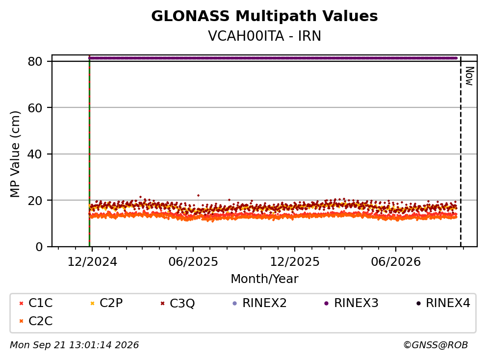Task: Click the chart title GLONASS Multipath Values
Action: click(x=264, y=16)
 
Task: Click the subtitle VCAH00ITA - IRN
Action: click(x=264, y=36)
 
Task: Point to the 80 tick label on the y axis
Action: click(x=35, y=61)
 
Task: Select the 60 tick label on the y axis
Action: click(x=35, y=108)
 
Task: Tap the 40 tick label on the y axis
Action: click(x=35, y=154)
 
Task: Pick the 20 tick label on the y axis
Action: click(x=35, y=201)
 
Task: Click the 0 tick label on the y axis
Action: click(x=39, y=247)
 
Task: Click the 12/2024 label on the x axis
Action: click(x=92, y=262)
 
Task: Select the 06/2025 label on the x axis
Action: click(x=193, y=262)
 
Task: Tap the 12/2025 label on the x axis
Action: click(x=294, y=262)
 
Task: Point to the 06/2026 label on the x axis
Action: click(x=396, y=262)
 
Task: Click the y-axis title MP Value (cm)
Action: click(x=15, y=154)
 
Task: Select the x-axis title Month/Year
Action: click(x=264, y=279)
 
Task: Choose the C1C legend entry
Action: click(x=36, y=303)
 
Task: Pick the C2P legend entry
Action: click(x=106, y=303)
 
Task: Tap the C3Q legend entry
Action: click(x=178, y=303)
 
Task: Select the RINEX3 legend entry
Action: click(x=351, y=303)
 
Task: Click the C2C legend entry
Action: click(x=36, y=321)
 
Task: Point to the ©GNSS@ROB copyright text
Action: click(x=436, y=345)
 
